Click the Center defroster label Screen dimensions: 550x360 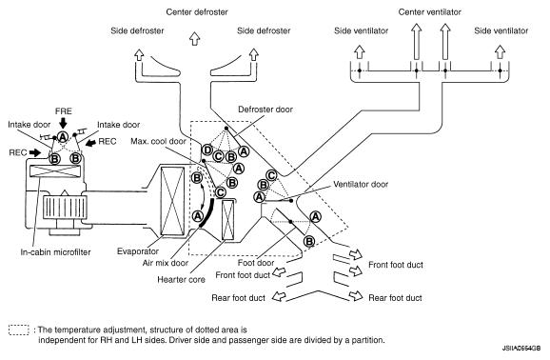click(x=197, y=12)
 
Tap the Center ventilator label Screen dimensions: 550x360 click(x=429, y=12)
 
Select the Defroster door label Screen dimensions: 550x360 click(x=265, y=110)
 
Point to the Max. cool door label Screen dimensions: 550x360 click(x=158, y=141)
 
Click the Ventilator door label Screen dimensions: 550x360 click(x=361, y=184)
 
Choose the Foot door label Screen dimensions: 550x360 click(x=256, y=262)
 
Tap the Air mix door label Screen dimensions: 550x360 click(x=166, y=262)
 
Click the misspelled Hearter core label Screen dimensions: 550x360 click(x=181, y=280)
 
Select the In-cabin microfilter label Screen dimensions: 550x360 click(x=55, y=251)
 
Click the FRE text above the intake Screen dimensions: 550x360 click(x=64, y=111)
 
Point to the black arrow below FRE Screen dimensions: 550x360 click(x=63, y=123)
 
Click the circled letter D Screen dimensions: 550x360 click(x=207, y=150)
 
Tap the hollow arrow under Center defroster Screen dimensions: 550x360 click(x=195, y=38)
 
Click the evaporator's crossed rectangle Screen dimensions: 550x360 click(x=172, y=201)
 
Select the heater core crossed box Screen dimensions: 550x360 click(x=228, y=220)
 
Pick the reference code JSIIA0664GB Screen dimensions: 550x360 click(x=521, y=348)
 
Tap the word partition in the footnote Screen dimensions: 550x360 click(x=370, y=340)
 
